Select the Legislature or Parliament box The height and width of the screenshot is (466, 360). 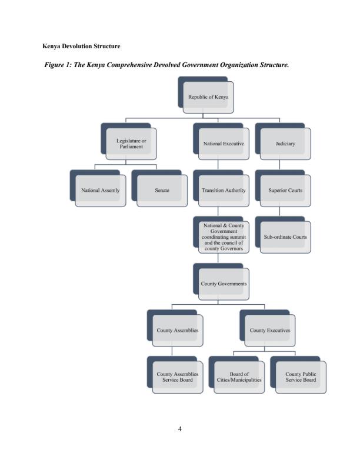[x=131, y=144]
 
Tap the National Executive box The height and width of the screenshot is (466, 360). [x=224, y=144]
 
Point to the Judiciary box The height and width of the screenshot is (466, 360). [x=285, y=144]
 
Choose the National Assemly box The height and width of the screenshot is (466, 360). [x=100, y=191]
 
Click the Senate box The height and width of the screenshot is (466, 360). [x=162, y=191]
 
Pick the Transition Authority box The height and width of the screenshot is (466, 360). [x=224, y=191]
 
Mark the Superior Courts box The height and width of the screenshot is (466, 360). [x=285, y=191]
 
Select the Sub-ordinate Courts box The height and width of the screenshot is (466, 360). [x=285, y=237]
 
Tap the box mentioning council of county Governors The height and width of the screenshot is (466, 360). [x=224, y=237]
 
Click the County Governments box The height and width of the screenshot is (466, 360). [x=224, y=284]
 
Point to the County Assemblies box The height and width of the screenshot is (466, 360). [x=177, y=330]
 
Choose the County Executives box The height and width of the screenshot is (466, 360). [x=270, y=330]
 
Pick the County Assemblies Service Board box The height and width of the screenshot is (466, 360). [x=177, y=377]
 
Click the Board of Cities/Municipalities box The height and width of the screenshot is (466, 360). [x=239, y=377]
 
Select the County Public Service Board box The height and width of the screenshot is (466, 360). [x=301, y=377]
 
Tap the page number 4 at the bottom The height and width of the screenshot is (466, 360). [x=179, y=428]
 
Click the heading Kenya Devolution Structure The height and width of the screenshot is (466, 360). [x=81, y=45]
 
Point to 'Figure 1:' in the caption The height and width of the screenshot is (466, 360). [x=58, y=65]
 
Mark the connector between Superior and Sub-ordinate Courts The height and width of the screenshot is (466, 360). [x=280, y=211]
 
